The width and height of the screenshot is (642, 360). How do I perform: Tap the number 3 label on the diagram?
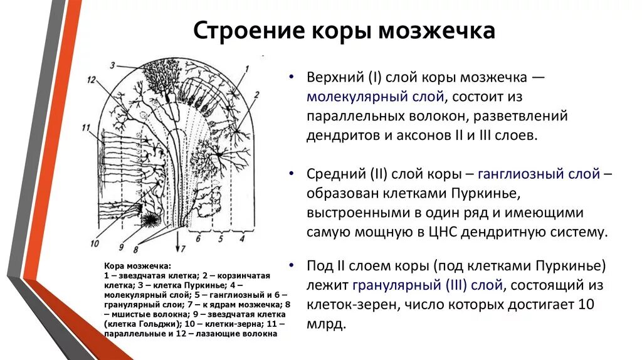click(x=112, y=65)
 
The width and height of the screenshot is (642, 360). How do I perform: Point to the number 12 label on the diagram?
click(x=92, y=80)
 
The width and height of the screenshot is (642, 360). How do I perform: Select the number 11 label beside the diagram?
click(x=86, y=128)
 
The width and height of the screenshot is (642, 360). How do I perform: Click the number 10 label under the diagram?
click(x=95, y=243)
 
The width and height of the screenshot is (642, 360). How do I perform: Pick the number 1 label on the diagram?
click(x=246, y=68)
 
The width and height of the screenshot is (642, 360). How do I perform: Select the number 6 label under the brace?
click(x=199, y=239)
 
